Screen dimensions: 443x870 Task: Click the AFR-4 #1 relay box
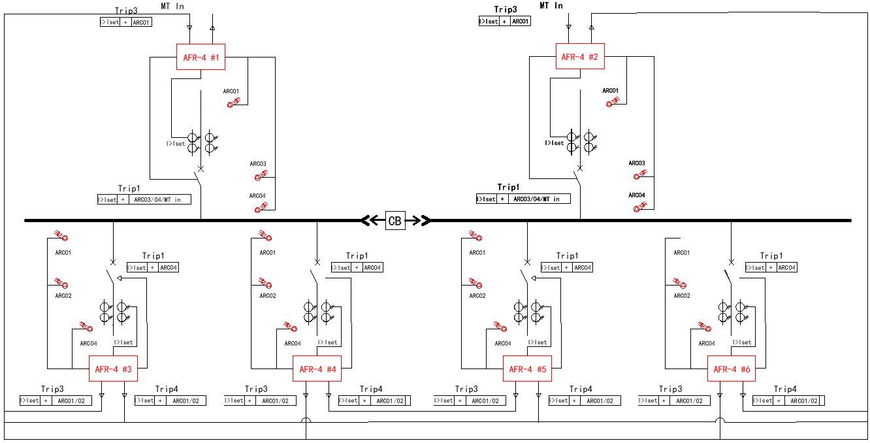201,57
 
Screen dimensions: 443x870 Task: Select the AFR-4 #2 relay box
579,57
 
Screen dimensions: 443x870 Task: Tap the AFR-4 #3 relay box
113,369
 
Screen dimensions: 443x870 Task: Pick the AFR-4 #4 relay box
317,369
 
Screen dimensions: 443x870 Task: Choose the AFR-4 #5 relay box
527,369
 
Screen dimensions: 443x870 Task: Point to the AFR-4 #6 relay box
732,369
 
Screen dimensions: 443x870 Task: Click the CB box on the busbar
395,221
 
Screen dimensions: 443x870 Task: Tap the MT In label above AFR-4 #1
172,6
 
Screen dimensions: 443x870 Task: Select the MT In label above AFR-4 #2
551,6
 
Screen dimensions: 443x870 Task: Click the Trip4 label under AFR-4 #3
167,389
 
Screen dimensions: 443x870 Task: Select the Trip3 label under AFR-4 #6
670,389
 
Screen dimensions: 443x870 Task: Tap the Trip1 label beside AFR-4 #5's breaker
567,256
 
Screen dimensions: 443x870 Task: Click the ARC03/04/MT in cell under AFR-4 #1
158,199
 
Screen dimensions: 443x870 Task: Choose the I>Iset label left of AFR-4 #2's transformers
555,143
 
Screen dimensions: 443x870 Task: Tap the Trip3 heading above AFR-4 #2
505,10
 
